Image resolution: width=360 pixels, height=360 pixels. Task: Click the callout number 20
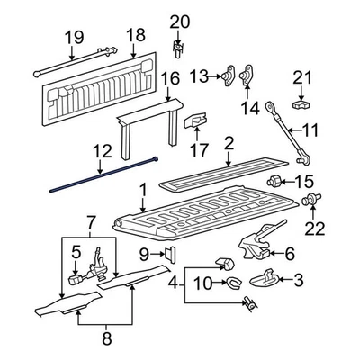180,21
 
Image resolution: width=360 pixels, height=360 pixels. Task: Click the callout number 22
314,229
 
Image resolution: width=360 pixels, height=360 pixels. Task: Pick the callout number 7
89,222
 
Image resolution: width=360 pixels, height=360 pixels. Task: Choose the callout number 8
106,339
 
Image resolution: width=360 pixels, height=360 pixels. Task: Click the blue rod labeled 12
99,177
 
